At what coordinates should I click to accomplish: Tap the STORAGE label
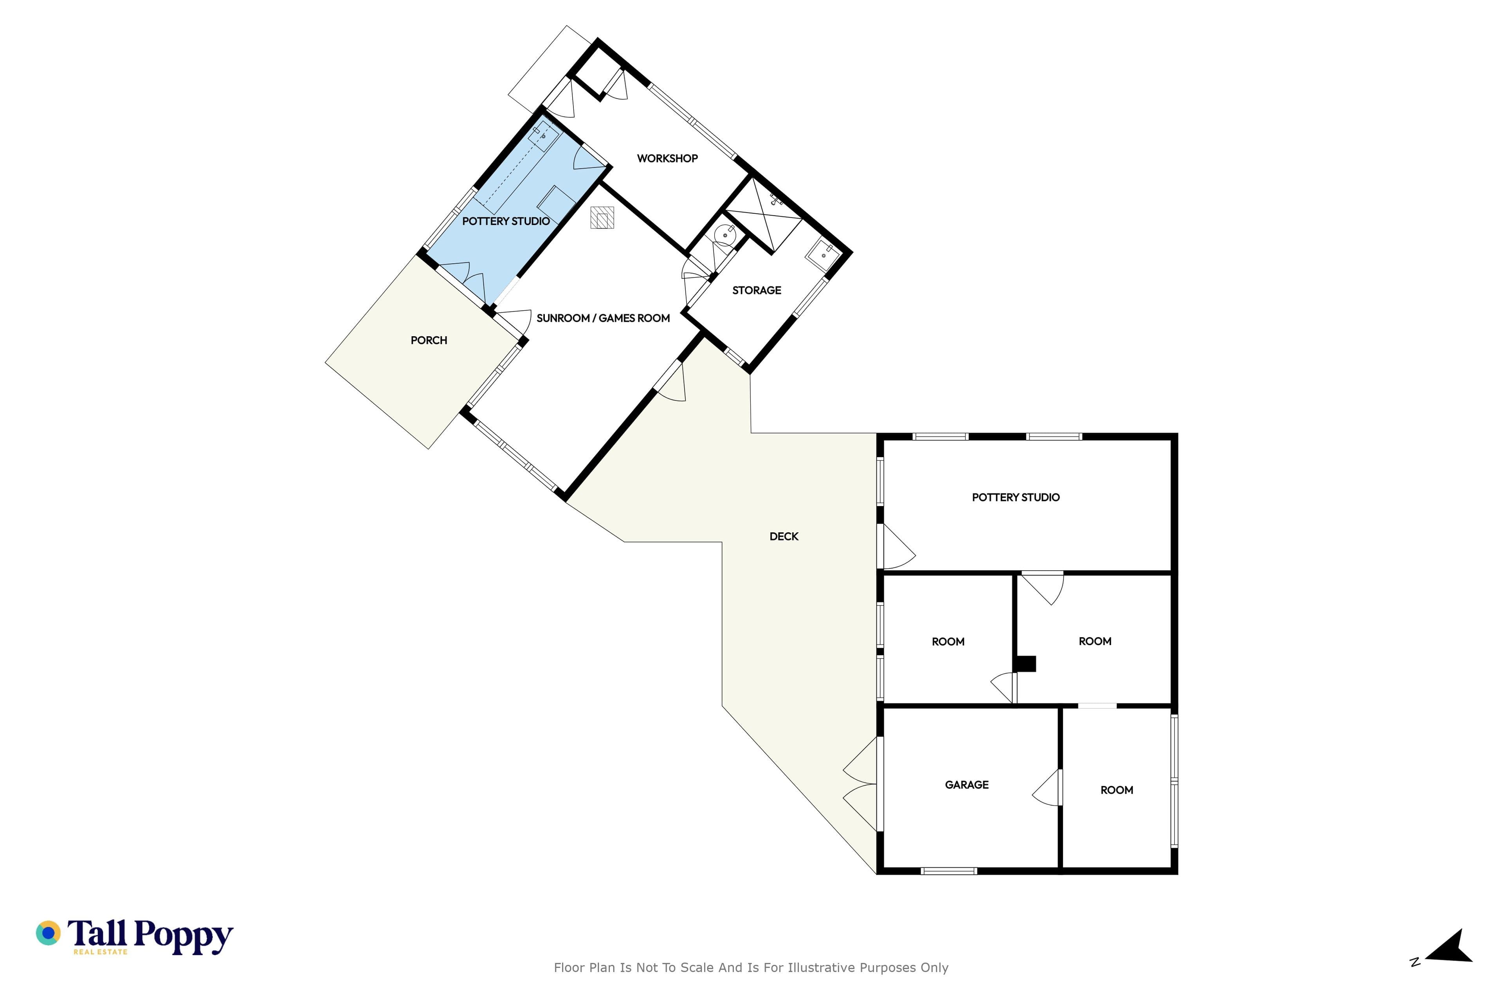tap(757, 290)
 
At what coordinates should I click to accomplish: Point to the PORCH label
tap(429, 341)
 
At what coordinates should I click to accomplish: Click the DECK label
tap(784, 537)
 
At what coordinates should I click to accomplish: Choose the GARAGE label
tap(967, 785)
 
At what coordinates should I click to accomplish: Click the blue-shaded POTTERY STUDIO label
tap(506, 221)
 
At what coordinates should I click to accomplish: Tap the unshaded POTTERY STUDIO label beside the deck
tap(1016, 497)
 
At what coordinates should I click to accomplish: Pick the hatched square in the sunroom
tap(602, 217)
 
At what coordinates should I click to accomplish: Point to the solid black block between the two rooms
tap(1025, 664)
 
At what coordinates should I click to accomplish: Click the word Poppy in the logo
tap(184, 936)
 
